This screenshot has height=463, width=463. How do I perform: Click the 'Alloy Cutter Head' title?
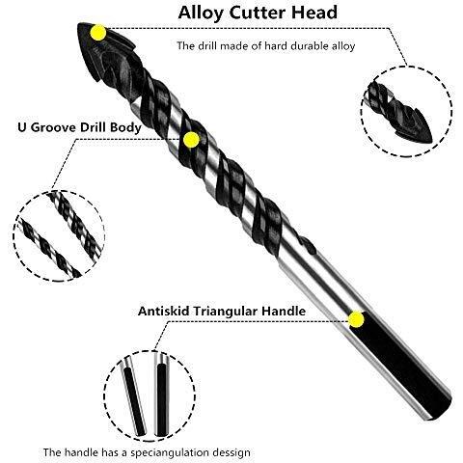click(258, 13)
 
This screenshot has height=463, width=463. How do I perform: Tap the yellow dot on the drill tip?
click(98, 33)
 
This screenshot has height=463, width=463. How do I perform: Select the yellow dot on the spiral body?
click(191, 140)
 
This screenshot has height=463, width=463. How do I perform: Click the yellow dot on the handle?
click(356, 319)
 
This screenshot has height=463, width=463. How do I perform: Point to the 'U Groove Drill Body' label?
click(79, 127)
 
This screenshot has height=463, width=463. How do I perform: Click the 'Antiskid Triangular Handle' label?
click(222, 312)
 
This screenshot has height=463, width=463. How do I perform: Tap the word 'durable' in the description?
click(305, 46)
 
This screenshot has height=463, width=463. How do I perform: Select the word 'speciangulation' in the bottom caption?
click(173, 452)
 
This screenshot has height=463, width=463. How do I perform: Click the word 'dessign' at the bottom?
click(234, 452)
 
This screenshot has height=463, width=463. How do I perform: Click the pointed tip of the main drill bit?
click(79, 24)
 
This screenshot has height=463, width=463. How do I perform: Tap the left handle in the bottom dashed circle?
click(134, 396)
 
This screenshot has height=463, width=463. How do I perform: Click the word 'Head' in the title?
click(314, 13)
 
